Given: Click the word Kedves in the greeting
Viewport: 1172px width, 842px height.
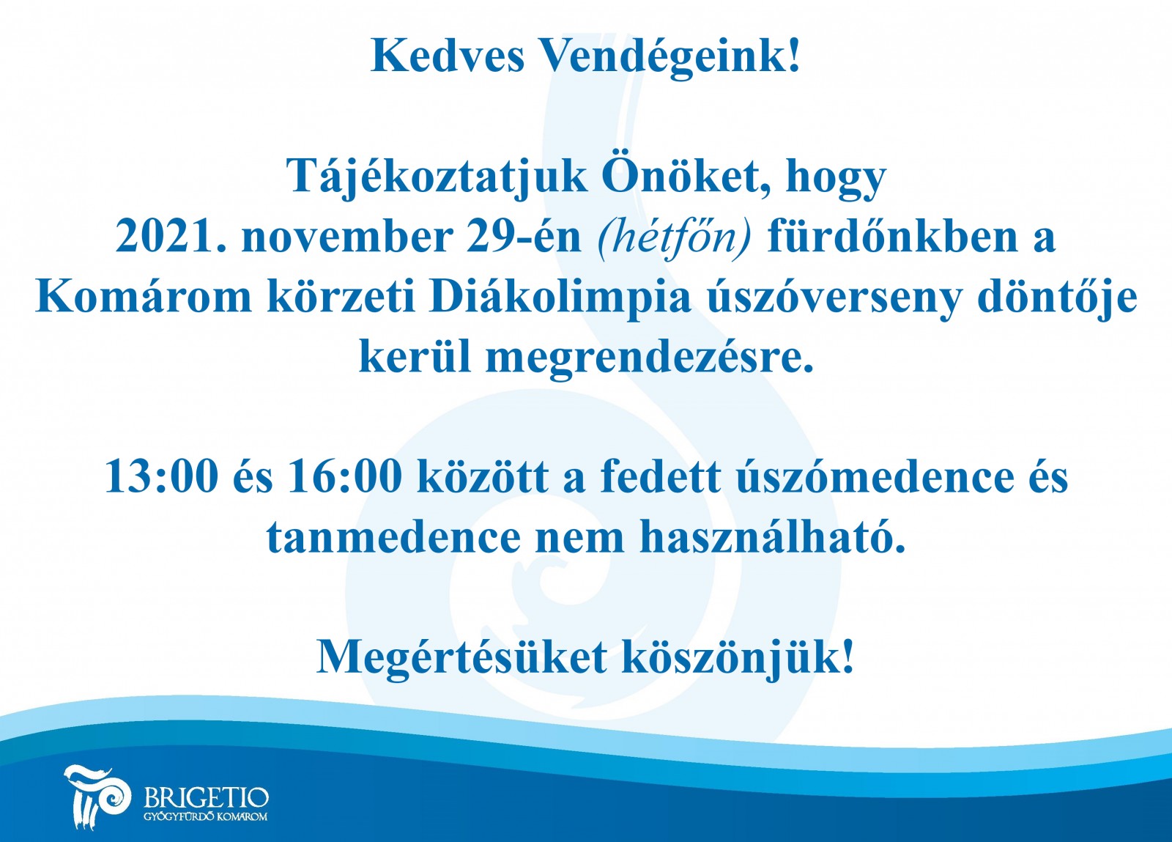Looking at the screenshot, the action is pyautogui.click(x=448, y=56).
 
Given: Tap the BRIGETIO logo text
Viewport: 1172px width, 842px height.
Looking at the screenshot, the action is pyautogui.click(x=206, y=799).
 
